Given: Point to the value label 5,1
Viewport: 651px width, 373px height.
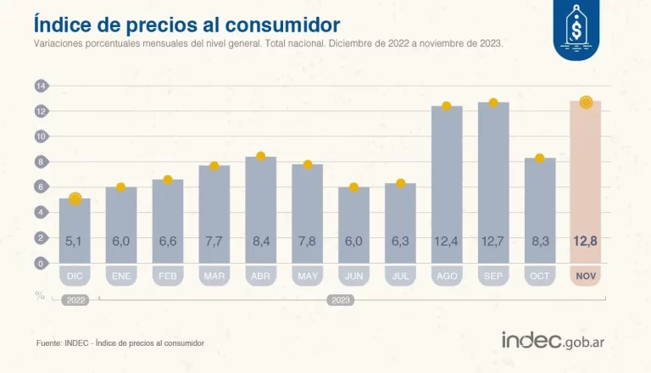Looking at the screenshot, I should (x=75, y=242).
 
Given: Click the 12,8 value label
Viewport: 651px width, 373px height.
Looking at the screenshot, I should (x=585, y=242).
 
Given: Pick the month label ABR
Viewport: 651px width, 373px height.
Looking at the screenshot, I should (x=260, y=276).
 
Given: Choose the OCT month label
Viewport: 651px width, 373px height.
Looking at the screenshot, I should (x=539, y=276).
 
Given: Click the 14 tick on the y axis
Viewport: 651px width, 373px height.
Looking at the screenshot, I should (x=40, y=86).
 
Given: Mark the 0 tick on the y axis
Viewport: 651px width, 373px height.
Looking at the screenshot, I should (x=40, y=263).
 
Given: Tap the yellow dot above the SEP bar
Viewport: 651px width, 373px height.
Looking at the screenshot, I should (x=493, y=103).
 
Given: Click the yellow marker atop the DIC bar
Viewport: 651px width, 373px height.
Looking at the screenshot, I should (x=75, y=198).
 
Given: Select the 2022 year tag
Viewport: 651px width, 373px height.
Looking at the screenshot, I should (x=75, y=300).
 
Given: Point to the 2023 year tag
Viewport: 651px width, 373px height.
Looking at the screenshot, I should (x=340, y=300).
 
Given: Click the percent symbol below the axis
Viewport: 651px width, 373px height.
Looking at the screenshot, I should (x=39, y=294).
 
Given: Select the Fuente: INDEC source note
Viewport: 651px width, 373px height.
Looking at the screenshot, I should (x=120, y=342).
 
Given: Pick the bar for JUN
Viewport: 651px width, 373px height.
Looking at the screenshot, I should (x=353, y=225).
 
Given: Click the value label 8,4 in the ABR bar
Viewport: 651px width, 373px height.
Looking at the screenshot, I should (x=260, y=242).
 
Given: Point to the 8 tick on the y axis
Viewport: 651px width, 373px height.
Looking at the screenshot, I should (x=40, y=161).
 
